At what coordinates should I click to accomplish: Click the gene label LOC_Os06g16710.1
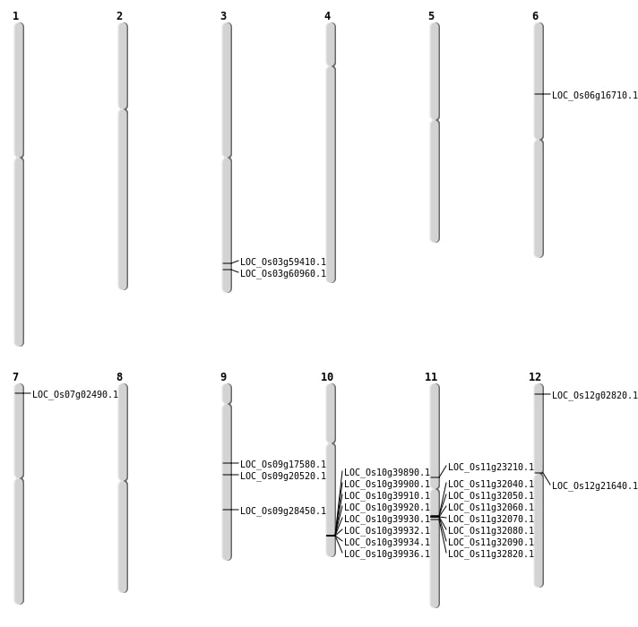(594, 96)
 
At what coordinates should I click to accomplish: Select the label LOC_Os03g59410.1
(282, 262)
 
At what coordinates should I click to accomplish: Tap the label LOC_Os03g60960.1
(282, 274)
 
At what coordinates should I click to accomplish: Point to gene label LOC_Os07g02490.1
(74, 395)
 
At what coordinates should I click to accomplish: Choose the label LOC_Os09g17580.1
(282, 465)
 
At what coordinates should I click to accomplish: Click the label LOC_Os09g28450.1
(282, 511)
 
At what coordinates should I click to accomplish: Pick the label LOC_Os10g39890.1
(386, 473)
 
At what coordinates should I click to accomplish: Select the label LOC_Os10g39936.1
(386, 554)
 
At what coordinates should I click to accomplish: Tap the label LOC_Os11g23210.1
(490, 468)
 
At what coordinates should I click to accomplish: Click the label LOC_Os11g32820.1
(490, 554)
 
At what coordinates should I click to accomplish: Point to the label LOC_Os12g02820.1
(594, 396)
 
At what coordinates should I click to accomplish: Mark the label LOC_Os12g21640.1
(594, 486)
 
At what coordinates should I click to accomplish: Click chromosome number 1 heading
(15, 16)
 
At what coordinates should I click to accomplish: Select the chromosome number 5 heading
(431, 16)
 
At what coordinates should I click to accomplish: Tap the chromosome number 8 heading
(119, 377)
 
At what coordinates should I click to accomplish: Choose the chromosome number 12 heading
(535, 377)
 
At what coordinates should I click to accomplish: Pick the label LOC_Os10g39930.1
(386, 520)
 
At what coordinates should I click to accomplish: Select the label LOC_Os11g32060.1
(490, 508)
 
